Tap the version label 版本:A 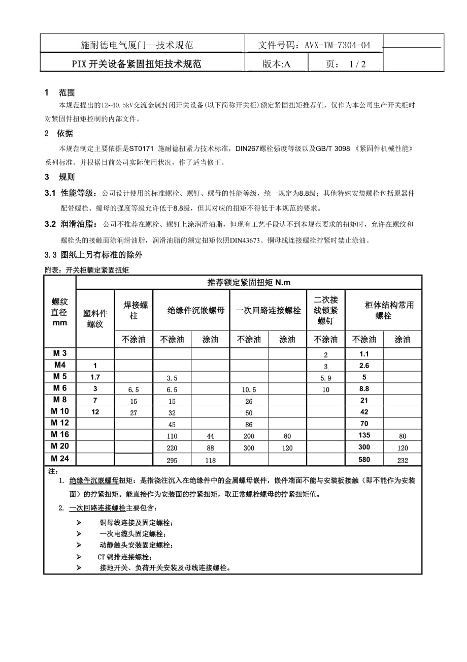(x=277, y=64)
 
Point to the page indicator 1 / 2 (x=357, y=64)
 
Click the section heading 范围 (x=67, y=93)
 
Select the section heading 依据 (x=65, y=133)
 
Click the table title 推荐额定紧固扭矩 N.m (x=249, y=283)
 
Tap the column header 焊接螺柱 (x=134, y=310)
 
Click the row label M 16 (x=60, y=435)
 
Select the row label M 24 (x=60, y=459)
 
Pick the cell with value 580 (x=364, y=460)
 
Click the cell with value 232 (x=403, y=460)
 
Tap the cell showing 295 (x=172, y=460)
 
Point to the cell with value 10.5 (x=249, y=389)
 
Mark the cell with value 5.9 (x=325, y=378)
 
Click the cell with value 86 (x=249, y=424)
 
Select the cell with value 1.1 (x=364, y=354)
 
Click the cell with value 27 (x=134, y=413)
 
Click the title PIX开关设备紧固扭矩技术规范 (x=137, y=64)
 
